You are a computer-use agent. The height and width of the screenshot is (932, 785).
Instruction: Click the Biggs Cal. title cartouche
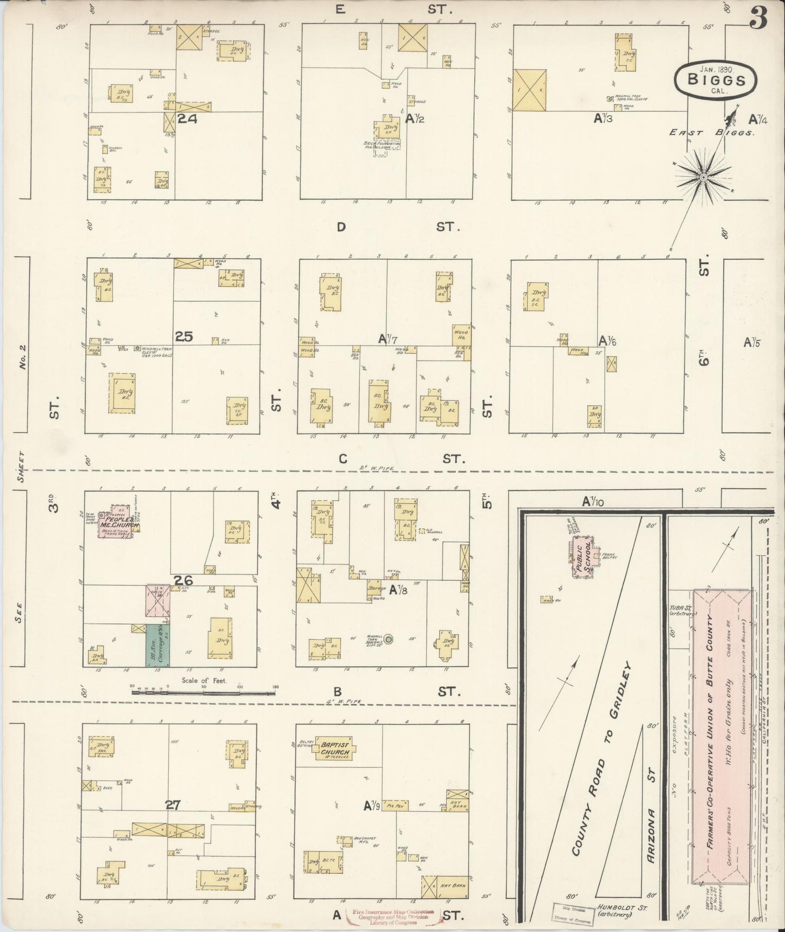pyautogui.click(x=715, y=79)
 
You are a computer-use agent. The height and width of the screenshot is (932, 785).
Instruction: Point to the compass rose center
pyautogui.click(x=703, y=177)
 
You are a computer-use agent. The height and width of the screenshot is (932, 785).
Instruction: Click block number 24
pyautogui.click(x=187, y=118)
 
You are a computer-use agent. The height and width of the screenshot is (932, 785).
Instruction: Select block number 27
pyautogui.click(x=172, y=805)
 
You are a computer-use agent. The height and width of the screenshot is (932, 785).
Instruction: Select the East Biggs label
pyautogui.click(x=712, y=132)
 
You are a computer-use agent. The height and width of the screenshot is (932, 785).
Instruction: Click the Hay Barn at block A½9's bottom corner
pyautogui.click(x=444, y=886)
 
